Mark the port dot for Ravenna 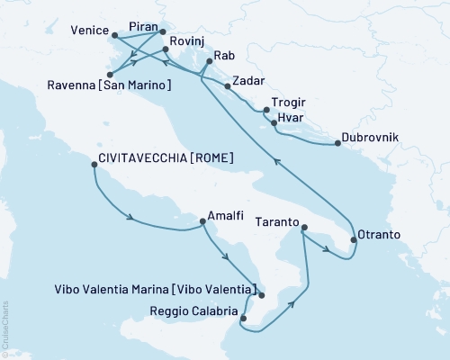point(109,75)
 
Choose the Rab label point(223,53)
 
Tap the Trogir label point(287,103)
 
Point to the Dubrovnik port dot point(337,143)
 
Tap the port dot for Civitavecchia point(94,164)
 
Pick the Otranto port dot point(353,239)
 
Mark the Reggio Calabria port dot point(242,317)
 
